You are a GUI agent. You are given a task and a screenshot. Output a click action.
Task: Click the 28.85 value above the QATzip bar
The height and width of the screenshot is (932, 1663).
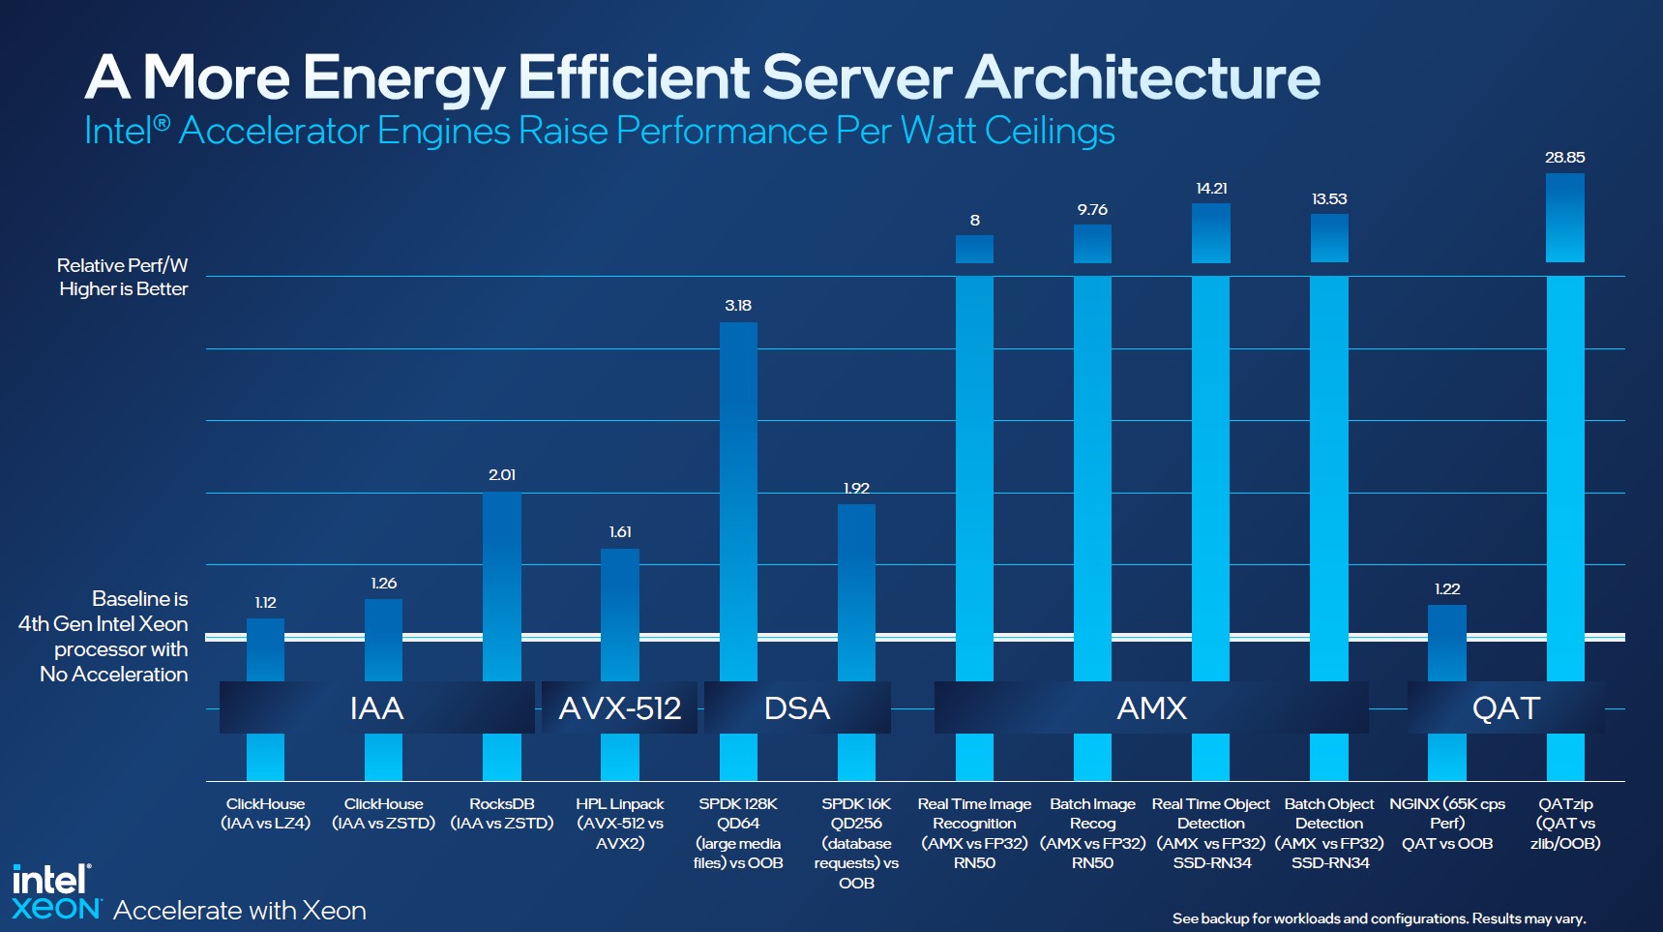pyautogui.click(x=1564, y=157)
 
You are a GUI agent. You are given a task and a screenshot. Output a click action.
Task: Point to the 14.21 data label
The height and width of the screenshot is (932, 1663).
pyautogui.click(x=1211, y=188)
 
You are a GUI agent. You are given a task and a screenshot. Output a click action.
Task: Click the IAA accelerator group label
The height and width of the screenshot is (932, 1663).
pyautogui.click(x=376, y=708)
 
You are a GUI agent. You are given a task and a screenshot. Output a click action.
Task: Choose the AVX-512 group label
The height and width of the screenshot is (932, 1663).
pyautogui.click(x=620, y=708)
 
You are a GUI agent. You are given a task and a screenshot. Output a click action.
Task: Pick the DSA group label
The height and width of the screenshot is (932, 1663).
pyautogui.click(x=797, y=708)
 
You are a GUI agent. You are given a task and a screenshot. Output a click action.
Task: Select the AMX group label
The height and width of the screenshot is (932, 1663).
pyautogui.click(x=1151, y=708)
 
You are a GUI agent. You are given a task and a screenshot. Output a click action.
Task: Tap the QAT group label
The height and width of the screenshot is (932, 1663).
pyautogui.click(x=1505, y=708)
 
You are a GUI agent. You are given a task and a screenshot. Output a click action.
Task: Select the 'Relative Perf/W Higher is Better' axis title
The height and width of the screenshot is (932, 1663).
pyautogui.click(x=123, y=277)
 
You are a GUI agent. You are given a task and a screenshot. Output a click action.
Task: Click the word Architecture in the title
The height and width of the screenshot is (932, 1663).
pyautogui.click(x=1143, y=77)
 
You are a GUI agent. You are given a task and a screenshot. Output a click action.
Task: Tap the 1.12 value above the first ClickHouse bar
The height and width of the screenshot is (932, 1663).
pyautogui.click(x=265, y=602)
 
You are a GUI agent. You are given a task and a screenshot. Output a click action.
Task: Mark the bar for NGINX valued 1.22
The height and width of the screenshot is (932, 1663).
pyautogui.click(x=1447, y=644)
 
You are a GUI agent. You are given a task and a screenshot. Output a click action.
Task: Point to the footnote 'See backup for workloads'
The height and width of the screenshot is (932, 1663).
pyautogui.click(x=1379, y=918)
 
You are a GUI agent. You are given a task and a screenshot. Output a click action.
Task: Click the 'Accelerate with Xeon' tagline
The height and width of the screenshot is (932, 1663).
pyautogui.click(x=240, y=911)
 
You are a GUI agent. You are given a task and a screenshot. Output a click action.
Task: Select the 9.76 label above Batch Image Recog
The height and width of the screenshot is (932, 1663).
pyautogui.click(x=1092, y=209)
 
